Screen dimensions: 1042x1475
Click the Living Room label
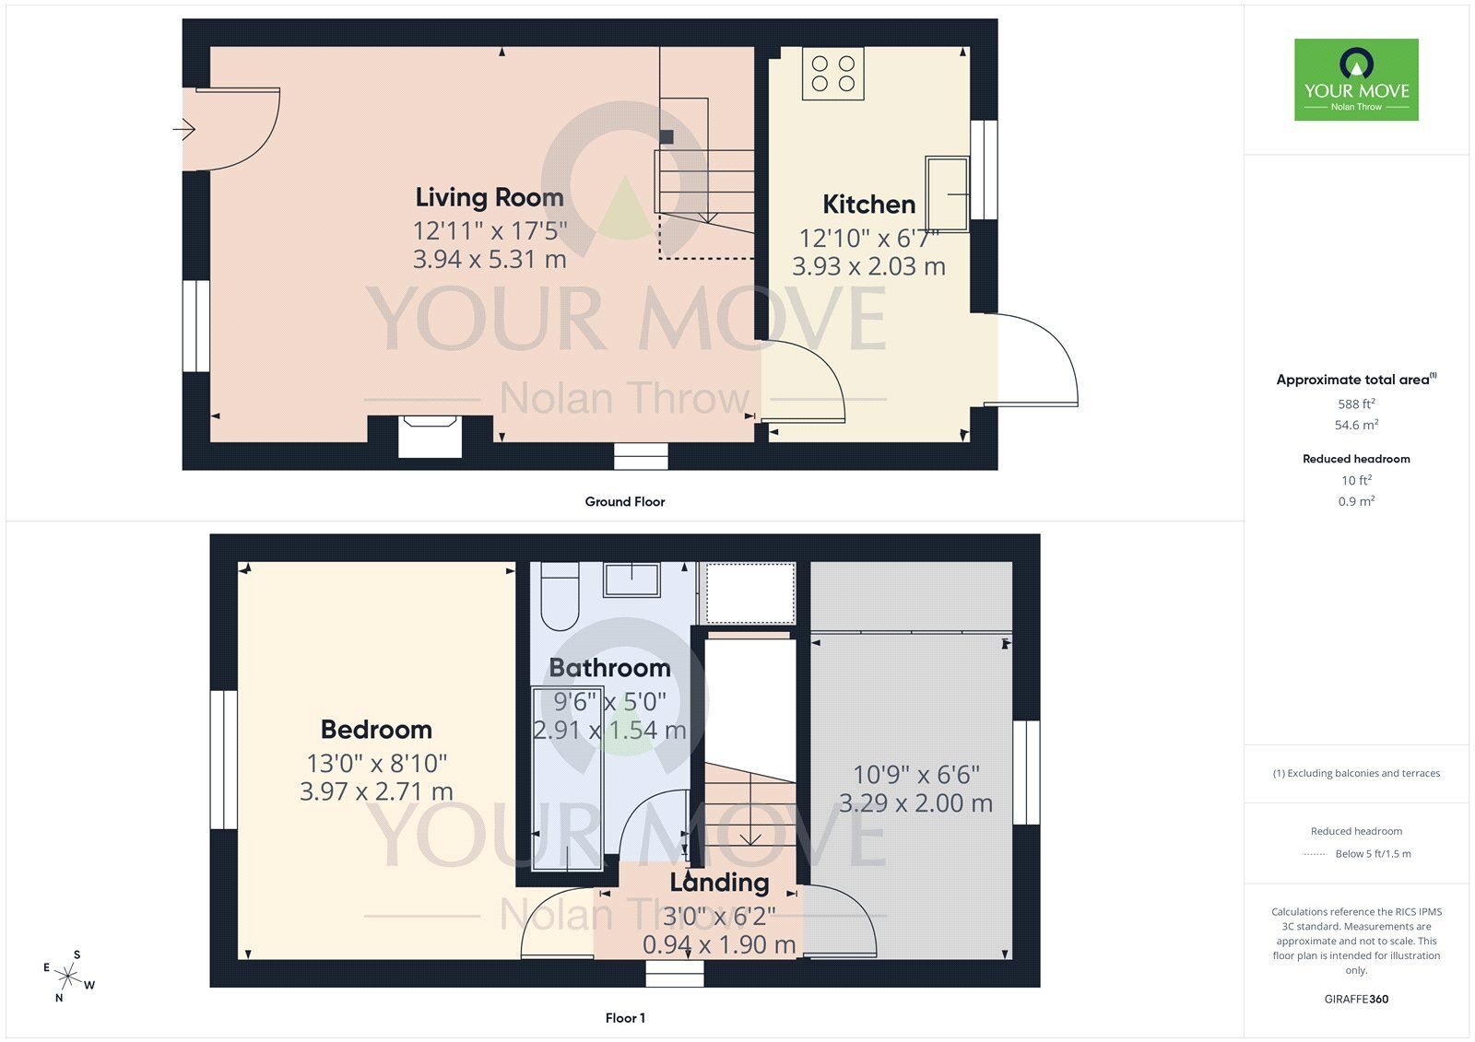489,197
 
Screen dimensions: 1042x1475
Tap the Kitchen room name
868,205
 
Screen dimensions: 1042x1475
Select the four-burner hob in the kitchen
833,75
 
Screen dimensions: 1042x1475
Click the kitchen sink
947,193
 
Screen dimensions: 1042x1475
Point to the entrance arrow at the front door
184,130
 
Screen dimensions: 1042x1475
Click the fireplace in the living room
430,436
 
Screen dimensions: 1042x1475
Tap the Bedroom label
376,730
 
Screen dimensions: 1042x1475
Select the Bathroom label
609,668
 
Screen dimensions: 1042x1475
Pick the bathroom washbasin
631,580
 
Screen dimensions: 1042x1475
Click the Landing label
719,883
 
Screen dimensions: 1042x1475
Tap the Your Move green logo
1356,79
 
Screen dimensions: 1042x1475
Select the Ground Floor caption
624,502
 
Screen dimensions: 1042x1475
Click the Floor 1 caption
625,1018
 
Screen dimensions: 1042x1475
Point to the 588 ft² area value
1356,404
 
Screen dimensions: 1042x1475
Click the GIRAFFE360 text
1356,999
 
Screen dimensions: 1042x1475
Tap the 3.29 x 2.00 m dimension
915,803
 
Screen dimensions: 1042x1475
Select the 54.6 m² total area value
1356,425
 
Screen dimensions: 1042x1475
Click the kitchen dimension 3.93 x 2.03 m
868,267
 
